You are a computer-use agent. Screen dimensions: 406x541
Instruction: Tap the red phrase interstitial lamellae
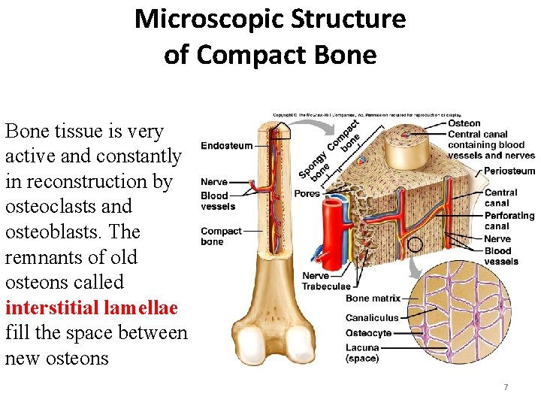click(91, 308)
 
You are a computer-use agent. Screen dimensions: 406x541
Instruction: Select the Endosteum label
click(226, 145)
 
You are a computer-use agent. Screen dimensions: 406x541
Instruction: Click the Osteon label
click(464, 123)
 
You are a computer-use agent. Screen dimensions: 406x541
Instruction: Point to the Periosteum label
click(509, 171)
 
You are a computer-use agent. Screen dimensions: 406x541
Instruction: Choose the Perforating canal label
click(509, 221)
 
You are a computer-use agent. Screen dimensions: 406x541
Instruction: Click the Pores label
click(307, 194)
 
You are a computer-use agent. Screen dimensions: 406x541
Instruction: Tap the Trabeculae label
click(326, 286)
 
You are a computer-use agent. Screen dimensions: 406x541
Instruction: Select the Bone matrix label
click(373, 299)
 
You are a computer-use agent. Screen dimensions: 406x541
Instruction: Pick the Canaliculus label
click(372, 317)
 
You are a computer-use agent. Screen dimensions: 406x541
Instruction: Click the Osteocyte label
click(368, 333)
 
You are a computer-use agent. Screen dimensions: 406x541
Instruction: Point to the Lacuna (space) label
click(362, 353)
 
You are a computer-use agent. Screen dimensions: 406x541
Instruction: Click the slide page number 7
click(506, 387)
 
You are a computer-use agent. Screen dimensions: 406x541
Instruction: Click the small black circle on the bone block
click(414, 244)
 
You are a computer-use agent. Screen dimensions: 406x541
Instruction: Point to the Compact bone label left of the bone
click(221, 236)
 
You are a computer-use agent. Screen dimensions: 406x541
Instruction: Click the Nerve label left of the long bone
click(213, 182)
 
